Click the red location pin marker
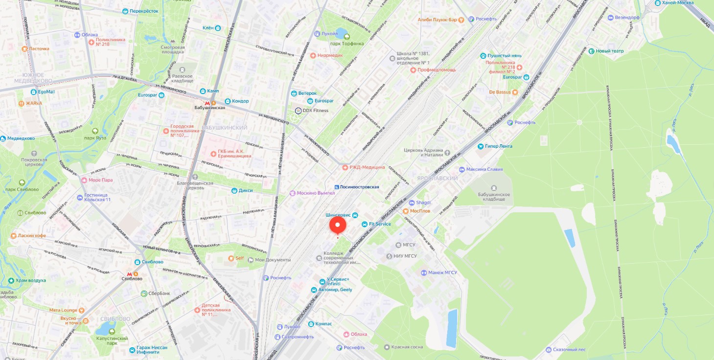click(338, 225)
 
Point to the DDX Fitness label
click(315, 111)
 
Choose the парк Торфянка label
click(346, 44)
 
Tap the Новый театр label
click(609, 51)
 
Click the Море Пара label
click(100, 180)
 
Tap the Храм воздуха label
click(30, 280)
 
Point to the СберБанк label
click(159, 293)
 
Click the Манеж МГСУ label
click(442, 272)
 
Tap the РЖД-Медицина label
click(367, 167)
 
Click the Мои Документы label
click(272, 260)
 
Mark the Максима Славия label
click(484, 170)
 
